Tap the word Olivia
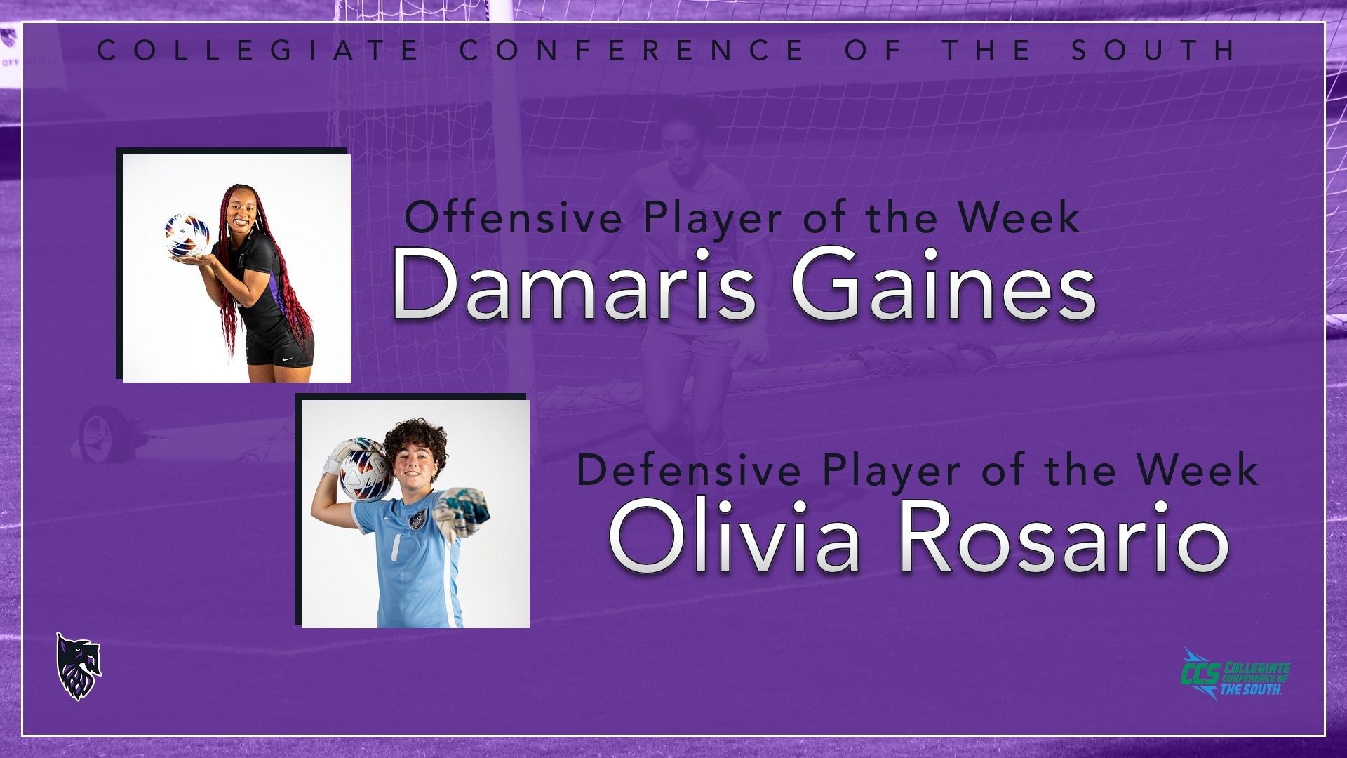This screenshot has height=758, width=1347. pyautogui.click(x=734, y=537)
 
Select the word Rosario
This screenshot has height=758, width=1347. pyautogui.click(x=1064, y=537)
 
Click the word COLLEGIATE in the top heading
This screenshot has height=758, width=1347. pyautogui.click(x=258, y=50)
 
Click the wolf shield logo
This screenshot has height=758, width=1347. pyautogui.click(x=79, y=666)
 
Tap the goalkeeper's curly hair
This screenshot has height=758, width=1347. pyautogui.click(x=414, y=441)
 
